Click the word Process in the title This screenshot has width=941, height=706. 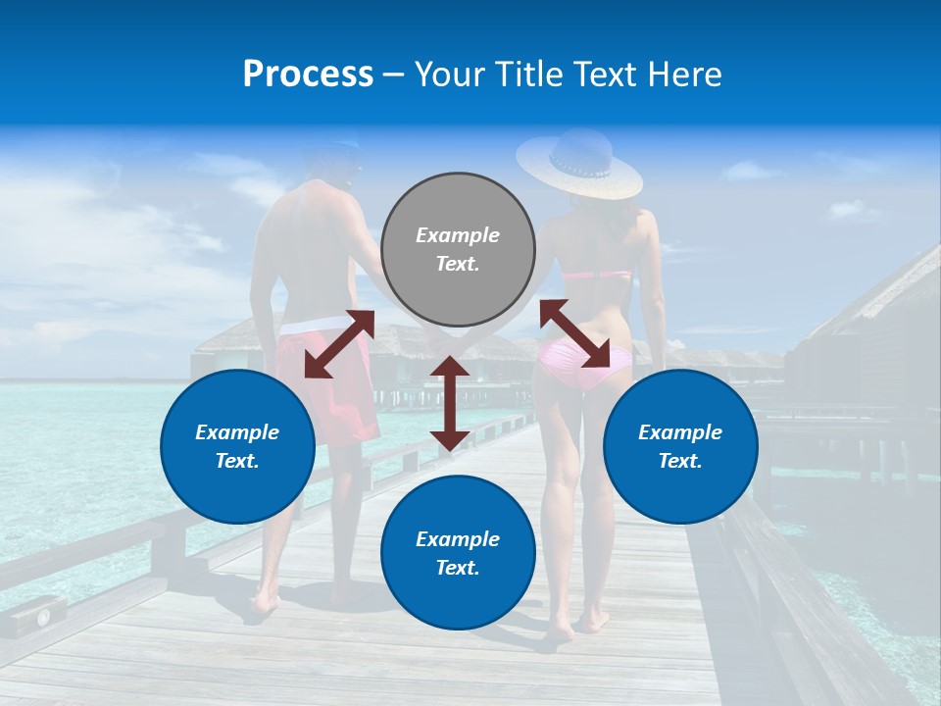click(x=308, y=75)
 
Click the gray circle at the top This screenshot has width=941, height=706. click(x=458, y=249)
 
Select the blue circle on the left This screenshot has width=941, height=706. click(x=237, y=446)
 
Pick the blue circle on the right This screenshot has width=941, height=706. click(x=680, y=446)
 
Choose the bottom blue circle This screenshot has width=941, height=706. click(x=458, y=553)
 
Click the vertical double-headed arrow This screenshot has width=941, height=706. click(x=449, y=403)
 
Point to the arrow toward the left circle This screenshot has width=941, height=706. click(x=339, y=344)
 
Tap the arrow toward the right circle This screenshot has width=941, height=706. click(x=574, y=334)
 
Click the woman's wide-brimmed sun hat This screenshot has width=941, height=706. click(x=578, y=162)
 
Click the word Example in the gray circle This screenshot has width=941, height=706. click(x=458, y=235)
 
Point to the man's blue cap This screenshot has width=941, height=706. click(x=333, y=147)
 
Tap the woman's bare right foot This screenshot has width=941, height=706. click(x=592, y=620)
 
